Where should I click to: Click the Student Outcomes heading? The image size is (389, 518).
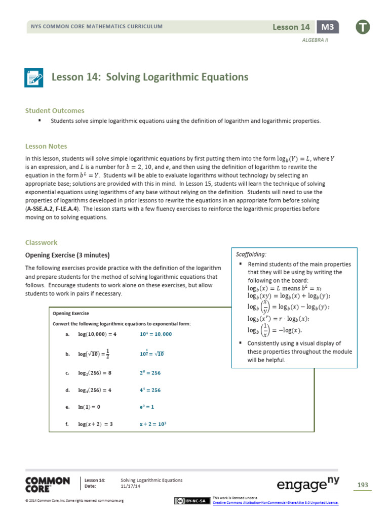click(55, 110)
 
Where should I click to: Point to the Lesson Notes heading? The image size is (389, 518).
click(46, 146)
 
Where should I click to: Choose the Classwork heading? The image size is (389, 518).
click(42, 242)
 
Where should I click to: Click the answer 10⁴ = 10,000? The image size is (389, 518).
click(155, 334)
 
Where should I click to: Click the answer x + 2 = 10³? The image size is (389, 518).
click(153, 424)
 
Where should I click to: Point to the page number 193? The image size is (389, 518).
click(363, 485)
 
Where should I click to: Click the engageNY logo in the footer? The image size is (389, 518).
click(308, 485)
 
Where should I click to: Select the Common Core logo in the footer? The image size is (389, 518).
click(48, 484)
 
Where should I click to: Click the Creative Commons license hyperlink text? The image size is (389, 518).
click(276, 502)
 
